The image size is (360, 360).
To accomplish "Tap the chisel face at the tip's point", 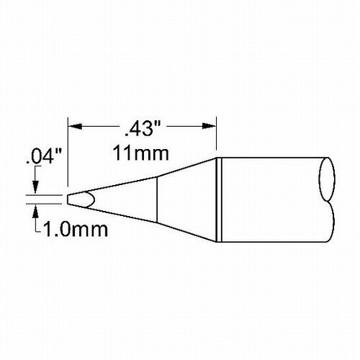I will tap(79, 198).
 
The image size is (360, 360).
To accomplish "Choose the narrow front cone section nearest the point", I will tap(122, 197).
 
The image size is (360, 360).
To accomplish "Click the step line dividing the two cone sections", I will tap(157, 197).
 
